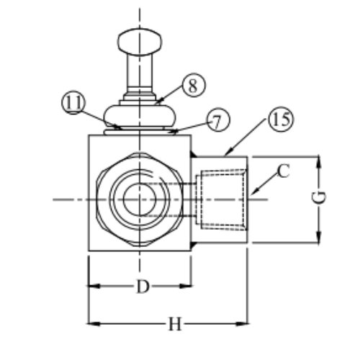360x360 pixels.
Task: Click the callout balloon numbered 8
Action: pyautogui.click(x=194, y=85)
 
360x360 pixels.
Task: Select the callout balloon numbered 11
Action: pyautogui.click(x=73, y=102)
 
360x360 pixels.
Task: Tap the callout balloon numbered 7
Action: pyautogui.click(x=217, y=120)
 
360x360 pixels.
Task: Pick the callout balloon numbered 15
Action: pyautogui.click(x=281, y=119)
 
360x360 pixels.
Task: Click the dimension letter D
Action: pyautogui.click(x=143, y=287)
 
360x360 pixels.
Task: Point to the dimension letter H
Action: pyautogui.click(x=175, y=324)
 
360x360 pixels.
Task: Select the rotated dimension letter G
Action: pyautogui.click(x=320, y=197)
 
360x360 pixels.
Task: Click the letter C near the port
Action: pyautogui.click(x=283, y=171)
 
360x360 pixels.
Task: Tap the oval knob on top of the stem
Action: pyautogui.click(x=140, y=42)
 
